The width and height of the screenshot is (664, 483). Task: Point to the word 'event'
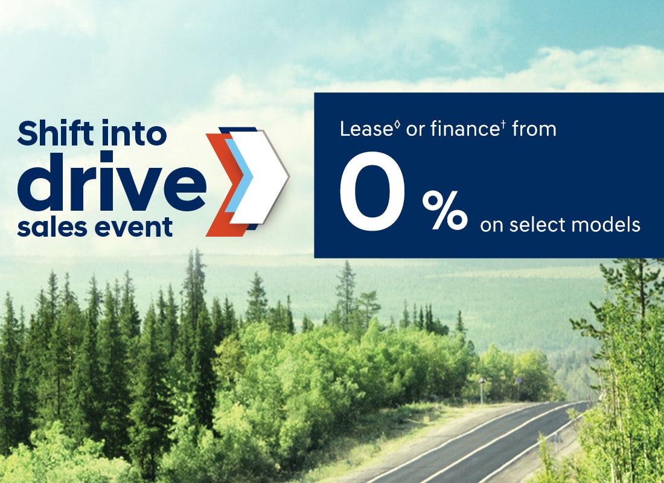[133, 228]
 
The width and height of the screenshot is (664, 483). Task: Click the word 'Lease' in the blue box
[366, 129]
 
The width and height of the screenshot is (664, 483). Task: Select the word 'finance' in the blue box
[465, 129]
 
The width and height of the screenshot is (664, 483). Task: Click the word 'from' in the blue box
[534, 129]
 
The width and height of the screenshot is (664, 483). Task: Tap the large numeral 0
[372, 191]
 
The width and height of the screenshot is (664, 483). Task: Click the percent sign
[445, 210]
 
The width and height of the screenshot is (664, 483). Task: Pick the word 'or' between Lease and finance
[415, 130]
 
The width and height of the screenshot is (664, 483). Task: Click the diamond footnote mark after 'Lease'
[397, 125]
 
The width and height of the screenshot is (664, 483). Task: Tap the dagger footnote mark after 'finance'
[503, 125]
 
